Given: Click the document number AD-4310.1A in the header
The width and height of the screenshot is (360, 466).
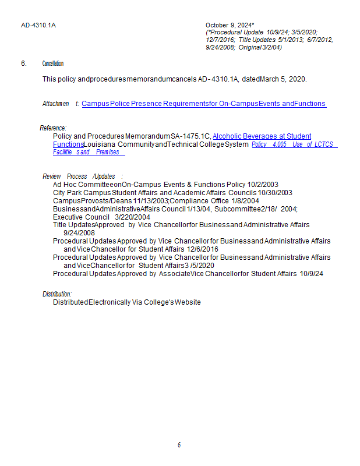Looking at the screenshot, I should point(34,25).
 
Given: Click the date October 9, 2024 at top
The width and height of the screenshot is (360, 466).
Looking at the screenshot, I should point(229,25).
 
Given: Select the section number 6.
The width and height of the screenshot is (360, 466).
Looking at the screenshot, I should point(23,63).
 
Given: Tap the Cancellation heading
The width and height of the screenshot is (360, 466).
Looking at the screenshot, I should point(52,63).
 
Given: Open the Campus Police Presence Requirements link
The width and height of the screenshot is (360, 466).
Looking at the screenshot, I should point(203,104).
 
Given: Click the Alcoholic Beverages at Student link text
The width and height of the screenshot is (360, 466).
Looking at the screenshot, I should point(262,136).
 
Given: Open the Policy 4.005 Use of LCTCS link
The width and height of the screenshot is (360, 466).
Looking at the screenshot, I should point(294,144).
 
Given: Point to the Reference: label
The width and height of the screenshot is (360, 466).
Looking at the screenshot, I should point(53,128).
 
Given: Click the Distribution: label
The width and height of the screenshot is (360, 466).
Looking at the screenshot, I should point(57,294).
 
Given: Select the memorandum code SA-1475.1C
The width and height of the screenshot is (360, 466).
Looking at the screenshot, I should point(190,136).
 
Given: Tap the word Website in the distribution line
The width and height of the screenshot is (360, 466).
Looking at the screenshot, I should point(189,302).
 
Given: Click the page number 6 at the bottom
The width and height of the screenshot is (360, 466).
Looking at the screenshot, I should point(179,445).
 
